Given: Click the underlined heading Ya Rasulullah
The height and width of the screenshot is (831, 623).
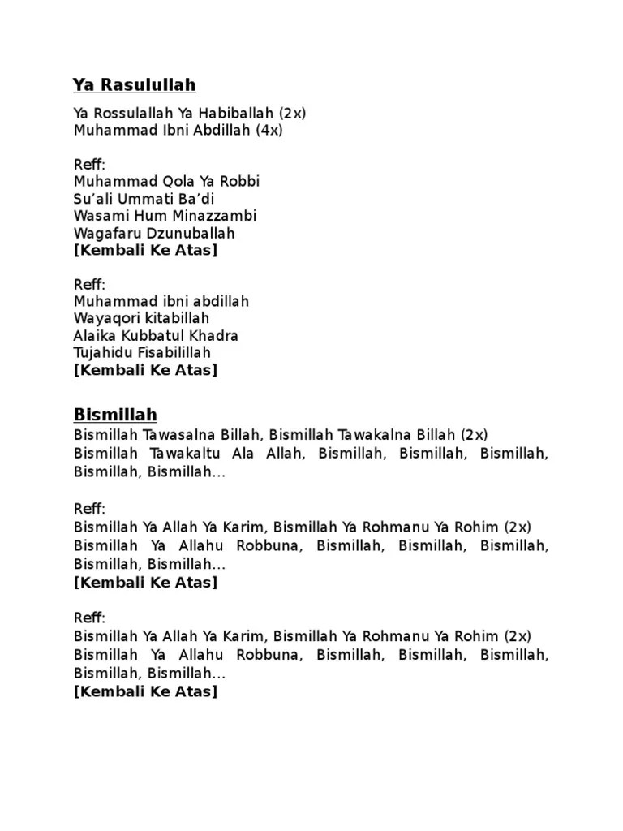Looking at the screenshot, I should coord(135,85).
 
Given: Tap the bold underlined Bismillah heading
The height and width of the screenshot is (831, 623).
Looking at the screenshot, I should coord(115,415).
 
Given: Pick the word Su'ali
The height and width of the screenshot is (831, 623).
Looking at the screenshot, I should coord(92,199).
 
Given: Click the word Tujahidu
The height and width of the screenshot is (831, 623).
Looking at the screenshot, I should coord(100,352).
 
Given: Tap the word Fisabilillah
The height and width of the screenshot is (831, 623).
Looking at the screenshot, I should coord(173,352).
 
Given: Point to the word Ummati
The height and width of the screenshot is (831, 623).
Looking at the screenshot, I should coord(143,199).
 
